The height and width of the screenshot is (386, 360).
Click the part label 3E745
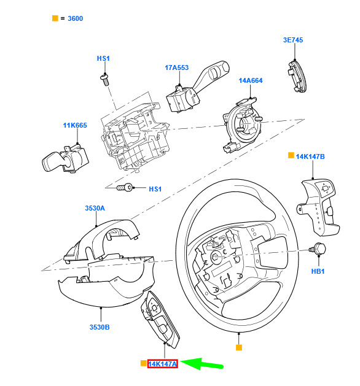click(x=293, y=40)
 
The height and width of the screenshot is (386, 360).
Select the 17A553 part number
click(x=176, y=68)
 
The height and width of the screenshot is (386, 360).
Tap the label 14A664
click(x=251, y=80)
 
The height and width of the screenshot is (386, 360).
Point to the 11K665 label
click(x=75, y=125)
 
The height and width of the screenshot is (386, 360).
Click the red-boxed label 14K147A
click(x=162, y=364)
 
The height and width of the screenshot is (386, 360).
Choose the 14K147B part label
click(x=310, y=156)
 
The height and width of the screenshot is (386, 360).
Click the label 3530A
click(x=95, y=208)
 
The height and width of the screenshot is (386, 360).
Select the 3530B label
click(x=100, y=327)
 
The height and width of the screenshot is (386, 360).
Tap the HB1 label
click(x=318, y=271)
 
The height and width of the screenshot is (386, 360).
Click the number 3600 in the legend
click(x=75, y=18)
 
